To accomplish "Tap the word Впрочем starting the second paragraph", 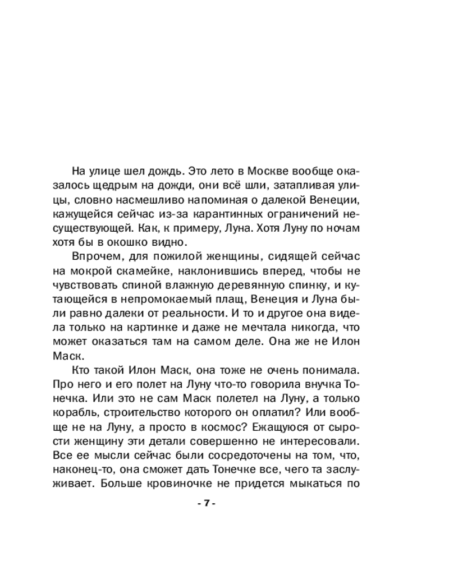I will [94, 258].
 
